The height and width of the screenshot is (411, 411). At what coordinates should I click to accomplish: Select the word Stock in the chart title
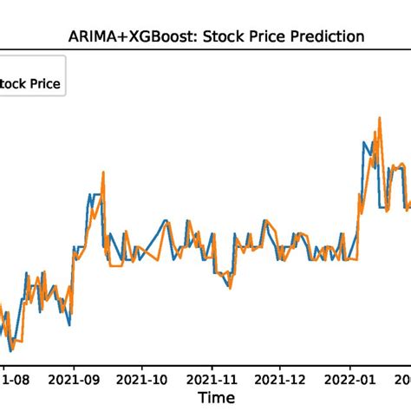[225, 36]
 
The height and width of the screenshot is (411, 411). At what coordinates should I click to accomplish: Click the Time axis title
[214, 398]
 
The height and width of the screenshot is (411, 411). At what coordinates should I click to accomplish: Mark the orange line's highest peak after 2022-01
[379, 117]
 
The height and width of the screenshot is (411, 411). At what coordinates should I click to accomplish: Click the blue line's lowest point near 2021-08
[10, 351]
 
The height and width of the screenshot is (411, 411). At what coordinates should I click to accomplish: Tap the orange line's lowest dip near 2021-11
[229, 290]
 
